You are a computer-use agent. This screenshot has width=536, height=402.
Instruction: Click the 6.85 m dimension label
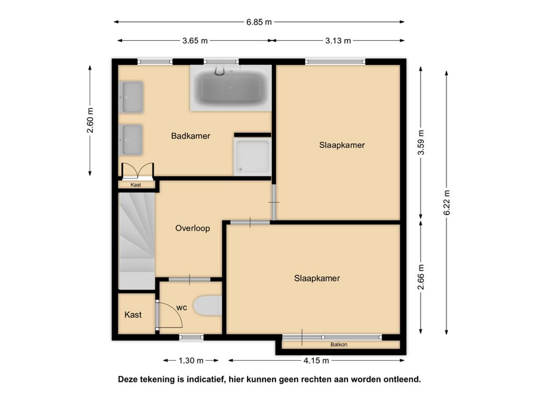pyautogui.click(x=259, y=22)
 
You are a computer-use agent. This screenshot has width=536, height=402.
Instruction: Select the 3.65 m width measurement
pyautogui.click(x=195, y=41)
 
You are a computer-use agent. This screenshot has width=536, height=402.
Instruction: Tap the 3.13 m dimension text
pyautogui.click(x=338, y=41)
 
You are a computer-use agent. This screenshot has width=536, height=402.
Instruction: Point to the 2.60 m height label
pyautogui.click(x=90, y=120)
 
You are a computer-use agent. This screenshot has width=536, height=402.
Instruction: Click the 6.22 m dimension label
pyautogui.click(x=446, y=203)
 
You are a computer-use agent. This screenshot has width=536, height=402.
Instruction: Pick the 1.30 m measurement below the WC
pyautogui.click(x=191, y=360)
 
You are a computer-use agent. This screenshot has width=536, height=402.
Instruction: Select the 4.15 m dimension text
pyautogui.click(x=316, y=360)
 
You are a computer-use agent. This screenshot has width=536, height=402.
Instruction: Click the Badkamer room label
pyautogui.click(x=191, y=136)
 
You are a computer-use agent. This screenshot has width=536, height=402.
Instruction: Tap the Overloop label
pyautogui.click(x=193, y=228)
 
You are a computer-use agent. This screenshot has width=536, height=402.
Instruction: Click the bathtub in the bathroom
pyautogui.click(x=231, y=88)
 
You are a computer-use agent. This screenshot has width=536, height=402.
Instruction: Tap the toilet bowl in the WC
pyautogui.click(x=207, y=306)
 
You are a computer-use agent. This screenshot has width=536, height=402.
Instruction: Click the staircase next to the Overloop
pyautogui.click(x=137, y=241)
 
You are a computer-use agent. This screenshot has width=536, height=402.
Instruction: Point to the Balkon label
pyautogui.click(x=339, y=344)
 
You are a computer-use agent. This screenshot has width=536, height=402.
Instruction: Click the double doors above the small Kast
pyautogui.click(x=138, y=171)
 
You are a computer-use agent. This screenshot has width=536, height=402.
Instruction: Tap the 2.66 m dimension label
pyautogui.click(x=421, y=277)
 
